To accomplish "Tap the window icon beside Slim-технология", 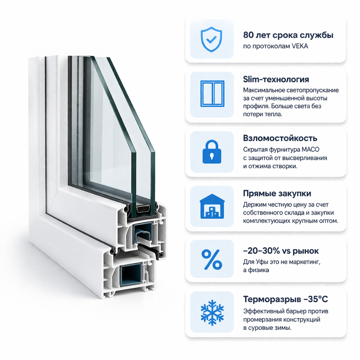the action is (211, 95).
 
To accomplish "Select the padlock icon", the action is (211, 152).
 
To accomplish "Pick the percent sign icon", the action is (211, 259).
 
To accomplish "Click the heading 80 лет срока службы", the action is (288, 35).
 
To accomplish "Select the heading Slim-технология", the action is (276, 79).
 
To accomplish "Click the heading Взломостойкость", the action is (280, 138).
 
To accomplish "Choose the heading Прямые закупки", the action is (277, 193).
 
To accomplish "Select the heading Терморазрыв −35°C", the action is (288, 299).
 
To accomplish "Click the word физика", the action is (260, 270).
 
